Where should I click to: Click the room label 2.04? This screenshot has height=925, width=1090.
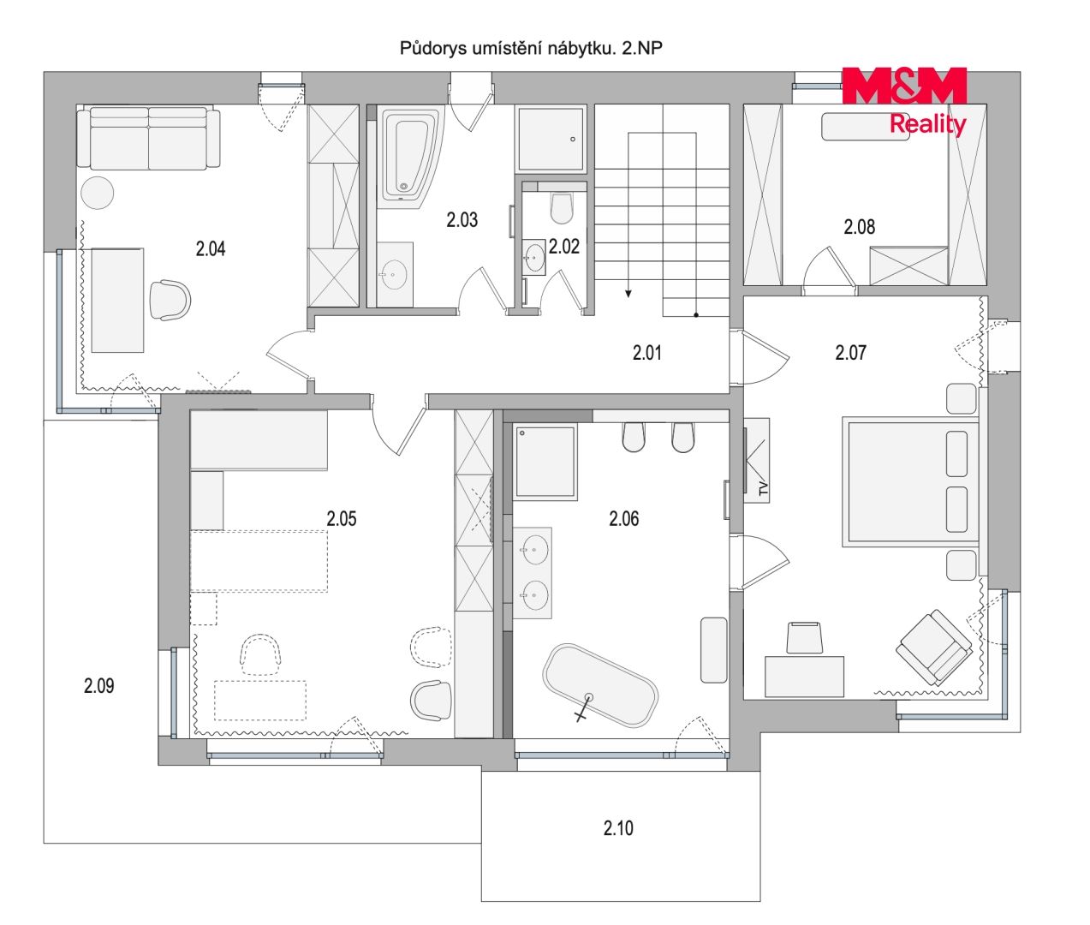click(x=211, y=248)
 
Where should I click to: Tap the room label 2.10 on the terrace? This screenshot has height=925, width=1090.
click(x=618, y=827)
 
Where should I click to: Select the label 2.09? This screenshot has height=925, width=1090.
click(x=98, y=685)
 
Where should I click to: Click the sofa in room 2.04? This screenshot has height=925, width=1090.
click(x=148, y=137)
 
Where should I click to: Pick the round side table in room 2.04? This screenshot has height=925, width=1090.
click(x=98, y=193)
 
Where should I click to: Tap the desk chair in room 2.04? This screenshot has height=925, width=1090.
click(x=170, y=301)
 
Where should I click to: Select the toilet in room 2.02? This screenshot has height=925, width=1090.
click(x=562, y=208)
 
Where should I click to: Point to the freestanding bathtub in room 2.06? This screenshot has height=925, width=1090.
click(x=600, y=685)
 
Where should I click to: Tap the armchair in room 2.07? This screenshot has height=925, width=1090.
click(x=934, y=648)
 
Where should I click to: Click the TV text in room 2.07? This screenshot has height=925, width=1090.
click(x=763, y=489)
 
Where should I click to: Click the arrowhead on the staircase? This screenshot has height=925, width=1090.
click(x=628, y=293)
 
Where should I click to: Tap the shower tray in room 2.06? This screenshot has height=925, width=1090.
click(x=545, y=462)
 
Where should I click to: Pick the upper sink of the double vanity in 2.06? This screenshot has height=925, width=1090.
click(x=533, y=550)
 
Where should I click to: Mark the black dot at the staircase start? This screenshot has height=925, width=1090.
click(x=696, y=315)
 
